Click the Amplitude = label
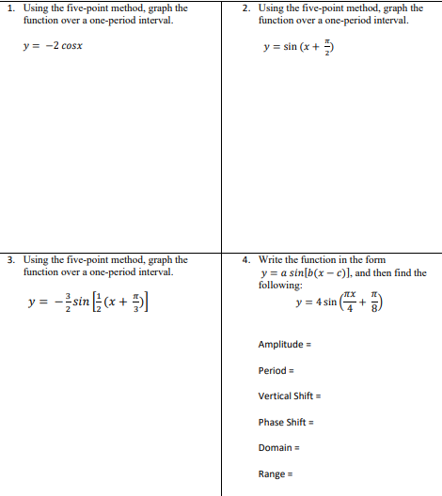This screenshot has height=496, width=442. (x=286, y=345)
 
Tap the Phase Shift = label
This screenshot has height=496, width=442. (x=288, y=422)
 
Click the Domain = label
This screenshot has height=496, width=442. (x=279, y=448)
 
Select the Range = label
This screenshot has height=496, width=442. (x=276, y=474)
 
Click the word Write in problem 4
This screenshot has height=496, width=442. (x=269, y=260)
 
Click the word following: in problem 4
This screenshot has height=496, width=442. (x=280, y=285)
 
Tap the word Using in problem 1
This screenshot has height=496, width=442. (x=34, y=8)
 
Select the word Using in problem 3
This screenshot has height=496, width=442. (x=34, y=260)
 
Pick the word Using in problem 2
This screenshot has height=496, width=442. (x=270, y=8)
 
